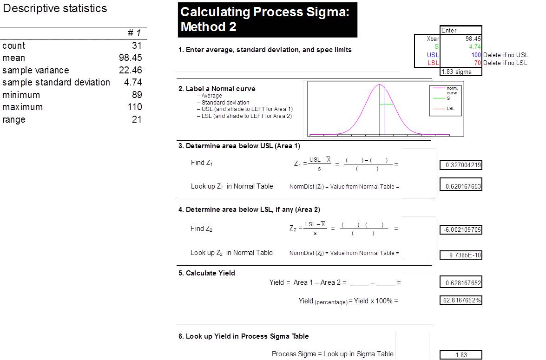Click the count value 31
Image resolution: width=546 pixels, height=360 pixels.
(137, 46)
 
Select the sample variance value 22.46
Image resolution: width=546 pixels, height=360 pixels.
(130, 70)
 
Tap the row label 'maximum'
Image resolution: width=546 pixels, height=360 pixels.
(23, 107)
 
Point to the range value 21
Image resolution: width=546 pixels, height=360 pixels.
(137, 119)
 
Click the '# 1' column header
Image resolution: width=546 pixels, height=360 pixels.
(134, 33)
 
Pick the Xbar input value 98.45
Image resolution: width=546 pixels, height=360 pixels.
(473, 39)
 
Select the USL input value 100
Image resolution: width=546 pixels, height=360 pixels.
(476, 55)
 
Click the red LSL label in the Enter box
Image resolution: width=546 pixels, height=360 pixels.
(433, 63)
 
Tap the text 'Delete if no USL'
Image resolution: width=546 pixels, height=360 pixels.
(506, 55)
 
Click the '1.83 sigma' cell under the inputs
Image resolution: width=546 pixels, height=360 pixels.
(456, 72)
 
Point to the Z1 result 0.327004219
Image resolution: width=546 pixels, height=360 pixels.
(463, 165)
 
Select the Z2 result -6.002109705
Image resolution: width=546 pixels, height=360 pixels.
(462, 230)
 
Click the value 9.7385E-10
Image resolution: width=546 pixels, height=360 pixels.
(465, 255)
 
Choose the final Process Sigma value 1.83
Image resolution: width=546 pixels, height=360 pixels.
(461, 355)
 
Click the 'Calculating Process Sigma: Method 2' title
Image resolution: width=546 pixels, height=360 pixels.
(265, 19)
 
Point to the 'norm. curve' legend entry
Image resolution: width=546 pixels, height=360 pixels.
(452, 91)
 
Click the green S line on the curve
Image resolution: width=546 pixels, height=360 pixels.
(386, 104)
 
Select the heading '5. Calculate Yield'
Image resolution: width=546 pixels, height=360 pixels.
(206, 273)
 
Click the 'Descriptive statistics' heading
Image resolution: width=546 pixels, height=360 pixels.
(55, 8)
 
